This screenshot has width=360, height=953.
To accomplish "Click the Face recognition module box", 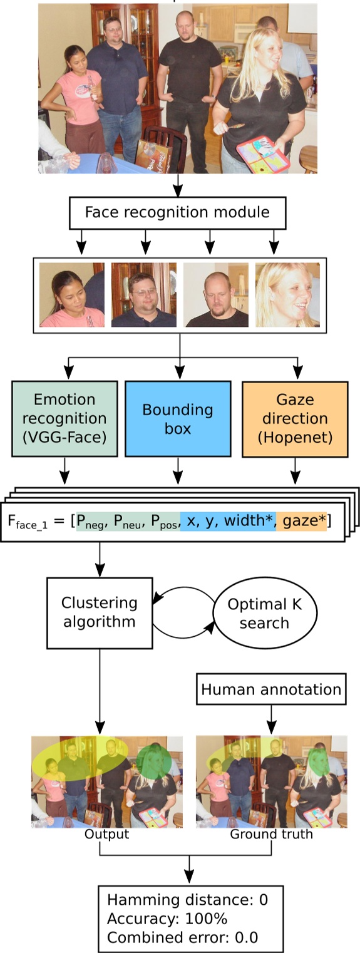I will (177, 212).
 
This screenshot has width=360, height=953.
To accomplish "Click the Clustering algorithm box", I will (99, 612).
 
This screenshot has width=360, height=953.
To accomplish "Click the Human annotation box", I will (271, 690).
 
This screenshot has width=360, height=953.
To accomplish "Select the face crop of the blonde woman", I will (287, 294).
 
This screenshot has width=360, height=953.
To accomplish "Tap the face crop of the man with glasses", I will (144, 294).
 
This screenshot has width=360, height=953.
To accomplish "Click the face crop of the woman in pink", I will (71, 294).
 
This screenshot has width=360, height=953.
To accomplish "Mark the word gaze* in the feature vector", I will (304, 521).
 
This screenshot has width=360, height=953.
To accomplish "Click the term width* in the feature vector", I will (251, 521).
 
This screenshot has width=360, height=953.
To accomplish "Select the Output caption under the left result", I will (107, 834).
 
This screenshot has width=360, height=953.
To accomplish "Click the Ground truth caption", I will (271, 834).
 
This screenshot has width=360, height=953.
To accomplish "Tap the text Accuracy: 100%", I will (167, 919).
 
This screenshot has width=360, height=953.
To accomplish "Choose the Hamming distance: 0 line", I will (187, 900).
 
